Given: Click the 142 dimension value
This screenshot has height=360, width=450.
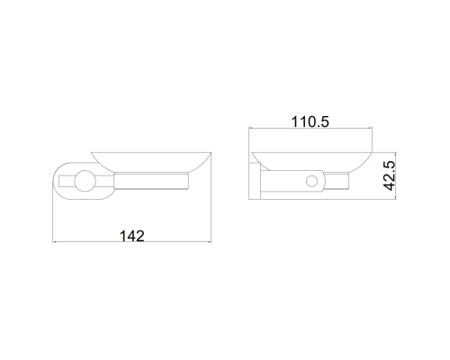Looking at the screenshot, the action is pos(132,236).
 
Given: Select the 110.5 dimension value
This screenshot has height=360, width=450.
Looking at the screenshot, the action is pos(310,121).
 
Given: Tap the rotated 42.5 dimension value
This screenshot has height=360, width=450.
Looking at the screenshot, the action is pos(390,175).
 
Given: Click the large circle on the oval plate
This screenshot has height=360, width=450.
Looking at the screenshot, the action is pos(85,181).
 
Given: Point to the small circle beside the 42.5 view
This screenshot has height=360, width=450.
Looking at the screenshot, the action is pos(311,181).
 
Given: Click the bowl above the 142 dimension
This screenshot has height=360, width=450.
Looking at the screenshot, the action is pos(151,162).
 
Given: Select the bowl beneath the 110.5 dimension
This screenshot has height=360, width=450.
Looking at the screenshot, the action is pos(312,161).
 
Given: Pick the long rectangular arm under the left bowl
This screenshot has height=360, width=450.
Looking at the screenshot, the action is pos(151,181).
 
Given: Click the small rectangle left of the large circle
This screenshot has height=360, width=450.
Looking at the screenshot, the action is pos(67,181).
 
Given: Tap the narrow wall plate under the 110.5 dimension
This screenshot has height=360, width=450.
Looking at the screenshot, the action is pos(255,181).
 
